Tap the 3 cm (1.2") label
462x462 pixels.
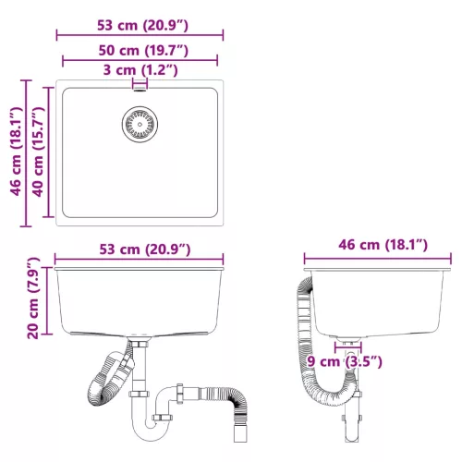(140, 69)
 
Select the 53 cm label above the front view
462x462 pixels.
(140, 249)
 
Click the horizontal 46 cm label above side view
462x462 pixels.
(380, 245)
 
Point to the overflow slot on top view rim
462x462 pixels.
(140, 85)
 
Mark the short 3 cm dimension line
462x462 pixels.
(140, 80)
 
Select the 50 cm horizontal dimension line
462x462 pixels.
(140, 61)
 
